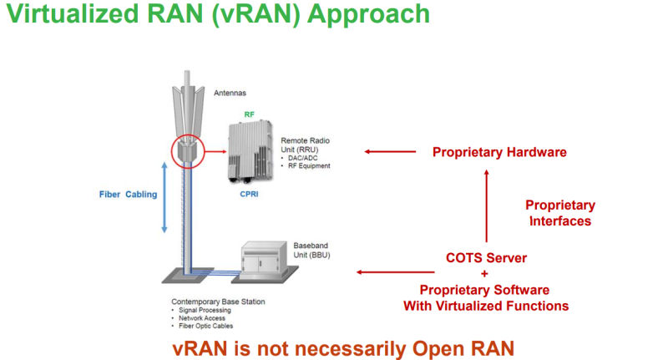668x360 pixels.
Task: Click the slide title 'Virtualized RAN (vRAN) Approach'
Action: [216, 14]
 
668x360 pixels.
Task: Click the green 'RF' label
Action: [249, 114]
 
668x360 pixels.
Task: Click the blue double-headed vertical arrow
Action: [164, 196]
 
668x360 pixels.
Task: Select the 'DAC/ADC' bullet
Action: [303, 158]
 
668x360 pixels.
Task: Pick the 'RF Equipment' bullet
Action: [310, 165]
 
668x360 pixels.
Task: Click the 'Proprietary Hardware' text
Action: [499, 152]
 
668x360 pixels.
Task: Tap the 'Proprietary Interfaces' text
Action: [559, 213]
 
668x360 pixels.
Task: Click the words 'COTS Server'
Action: [485, 257]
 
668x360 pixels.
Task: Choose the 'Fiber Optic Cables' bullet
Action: [205, 327]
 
